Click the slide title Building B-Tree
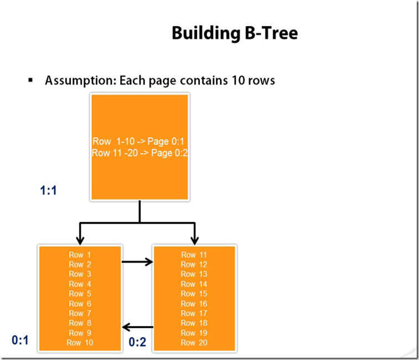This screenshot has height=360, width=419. [235, 33]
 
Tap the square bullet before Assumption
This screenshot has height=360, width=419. [31, 80]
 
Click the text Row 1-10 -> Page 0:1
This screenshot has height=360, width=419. [139, 142]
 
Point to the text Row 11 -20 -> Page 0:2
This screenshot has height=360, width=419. [139, 153]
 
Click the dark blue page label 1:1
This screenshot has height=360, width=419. [49, 191]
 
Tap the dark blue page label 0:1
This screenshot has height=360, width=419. [20, 340]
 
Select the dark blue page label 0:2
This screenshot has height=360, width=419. [137, 342]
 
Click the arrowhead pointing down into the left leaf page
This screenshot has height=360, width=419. [80, 239]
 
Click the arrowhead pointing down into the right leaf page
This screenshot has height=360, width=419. [194, 239]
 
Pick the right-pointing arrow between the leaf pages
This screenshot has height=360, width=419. [137, 261]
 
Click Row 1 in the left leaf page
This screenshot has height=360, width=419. [80, 255]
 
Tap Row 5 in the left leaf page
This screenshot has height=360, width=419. [80, 294]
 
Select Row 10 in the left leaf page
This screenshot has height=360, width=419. [80, 342]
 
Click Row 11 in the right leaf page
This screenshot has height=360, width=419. [194, 255]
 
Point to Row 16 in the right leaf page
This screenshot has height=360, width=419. [194, 304]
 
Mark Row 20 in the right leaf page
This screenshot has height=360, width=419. [194, 342]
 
